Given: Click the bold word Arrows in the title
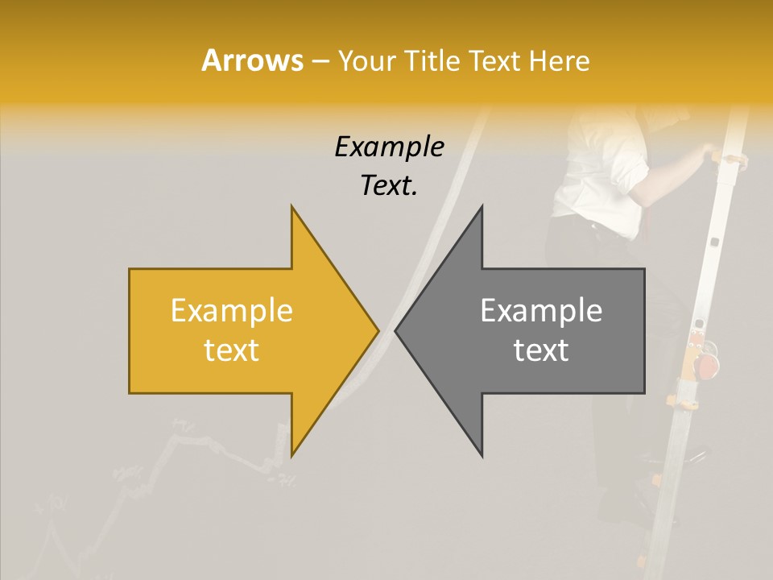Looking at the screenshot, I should click(252, 60).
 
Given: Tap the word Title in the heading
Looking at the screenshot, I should click(432, 61).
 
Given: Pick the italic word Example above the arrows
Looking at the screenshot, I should click(389, 147).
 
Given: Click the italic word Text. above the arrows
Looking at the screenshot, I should click(389, 186).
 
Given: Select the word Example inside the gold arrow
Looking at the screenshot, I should click(231, 311).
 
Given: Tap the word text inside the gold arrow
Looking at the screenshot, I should click(231, 350).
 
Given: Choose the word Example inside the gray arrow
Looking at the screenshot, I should click(541, 311).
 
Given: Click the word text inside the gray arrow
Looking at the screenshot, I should click(541, 350).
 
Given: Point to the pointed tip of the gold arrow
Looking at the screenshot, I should click(378, 331).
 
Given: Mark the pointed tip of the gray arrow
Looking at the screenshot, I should click(396, 331).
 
